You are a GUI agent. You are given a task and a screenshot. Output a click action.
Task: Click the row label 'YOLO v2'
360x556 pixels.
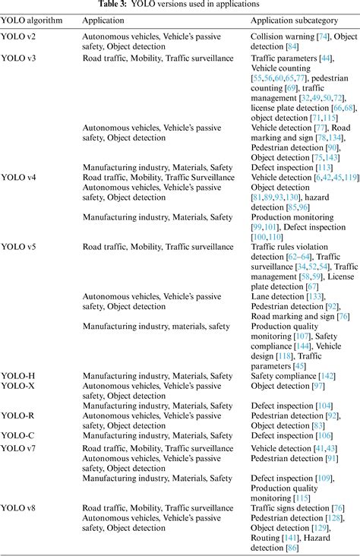click(x=20, y=36)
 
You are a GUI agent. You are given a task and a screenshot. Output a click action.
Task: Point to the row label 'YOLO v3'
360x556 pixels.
click(x=20, y=58)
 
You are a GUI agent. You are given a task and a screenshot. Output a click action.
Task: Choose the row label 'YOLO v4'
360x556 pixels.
click(x=20, y=177)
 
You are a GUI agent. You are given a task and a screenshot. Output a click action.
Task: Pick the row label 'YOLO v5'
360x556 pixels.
click(x=20, y=247)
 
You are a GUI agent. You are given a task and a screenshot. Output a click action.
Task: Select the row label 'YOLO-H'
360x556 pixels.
click(x=18, y=375)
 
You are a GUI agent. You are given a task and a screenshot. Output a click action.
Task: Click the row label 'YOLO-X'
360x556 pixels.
click(x=18, y=385)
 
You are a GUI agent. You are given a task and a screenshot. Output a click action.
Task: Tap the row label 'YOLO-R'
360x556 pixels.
click(x=18, y=415)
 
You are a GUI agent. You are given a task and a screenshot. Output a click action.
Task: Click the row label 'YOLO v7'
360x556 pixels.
click(x=20, y=449)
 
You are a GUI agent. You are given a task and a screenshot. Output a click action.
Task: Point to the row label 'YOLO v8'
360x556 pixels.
click(x=20, y=507)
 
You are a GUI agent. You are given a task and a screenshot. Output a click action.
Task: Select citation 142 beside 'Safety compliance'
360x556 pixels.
click(x=326, y=375)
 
